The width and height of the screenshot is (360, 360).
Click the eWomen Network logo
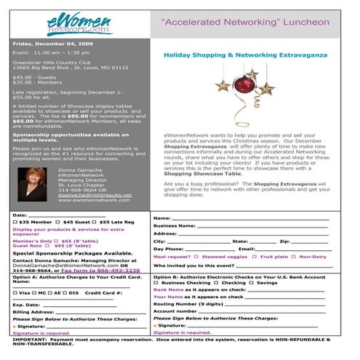78,24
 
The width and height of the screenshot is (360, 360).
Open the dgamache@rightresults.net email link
95,194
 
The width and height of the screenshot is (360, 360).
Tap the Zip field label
284,241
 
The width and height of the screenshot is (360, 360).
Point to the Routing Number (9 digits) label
188,303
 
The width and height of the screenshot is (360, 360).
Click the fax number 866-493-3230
111,270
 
